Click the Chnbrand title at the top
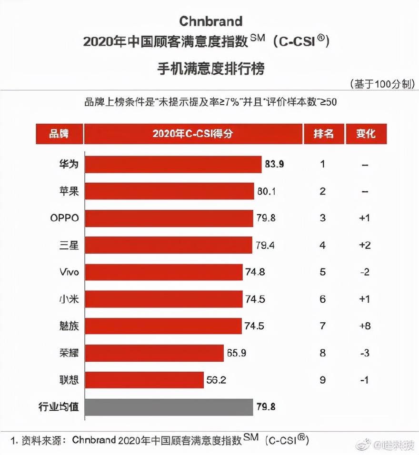click(210, 21)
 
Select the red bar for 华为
click(173, 164)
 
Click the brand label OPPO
click(64, 218)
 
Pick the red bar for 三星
click(169, 245)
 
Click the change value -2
click(365, 272)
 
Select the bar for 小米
click(163, 299)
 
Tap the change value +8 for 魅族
click(365, 326)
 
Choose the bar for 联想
click(144, 380)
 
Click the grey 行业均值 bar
click(169, 407)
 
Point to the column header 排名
click(323, 134)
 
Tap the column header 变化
click(366, 134)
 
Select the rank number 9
click(323, 380)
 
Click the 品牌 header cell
click(59, 134)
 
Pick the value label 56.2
click(216, 380)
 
